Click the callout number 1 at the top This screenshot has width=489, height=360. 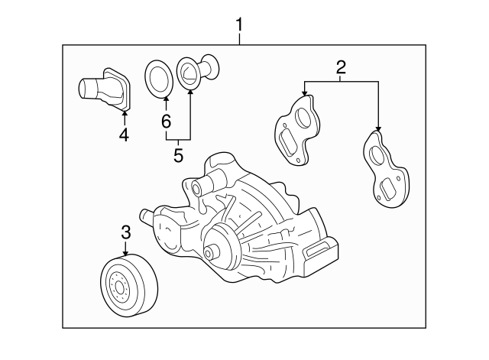pos(239,26)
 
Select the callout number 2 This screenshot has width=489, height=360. pos(342,66)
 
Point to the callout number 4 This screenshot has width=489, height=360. pos(124,135)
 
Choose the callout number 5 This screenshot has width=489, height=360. pos(178,155)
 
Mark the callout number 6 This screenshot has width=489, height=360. pos(166,121)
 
